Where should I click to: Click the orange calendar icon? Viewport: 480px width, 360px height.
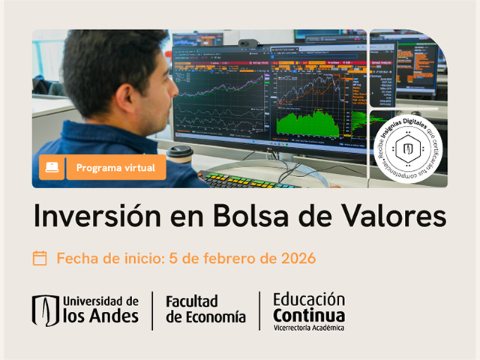pyautogui.click(x=40, y=258)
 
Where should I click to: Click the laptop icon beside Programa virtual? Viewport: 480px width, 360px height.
pyautogui.click(x=51, y=167)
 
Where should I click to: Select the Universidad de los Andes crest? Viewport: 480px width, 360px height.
pyautogui.click(x=45, y=310)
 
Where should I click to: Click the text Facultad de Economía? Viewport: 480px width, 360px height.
pyautogui.click(x=205, y=309)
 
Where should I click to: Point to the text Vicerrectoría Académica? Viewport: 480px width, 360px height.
pyautogui.click(x=309, y=328)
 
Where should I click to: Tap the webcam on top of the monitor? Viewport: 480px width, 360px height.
pyautogui.click(x=248, y=43)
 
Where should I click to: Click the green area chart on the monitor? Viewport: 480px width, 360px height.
pyautogui.click(x=307, y=124)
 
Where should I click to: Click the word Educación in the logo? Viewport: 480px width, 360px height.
pyautogui.click(x=309, y=298)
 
